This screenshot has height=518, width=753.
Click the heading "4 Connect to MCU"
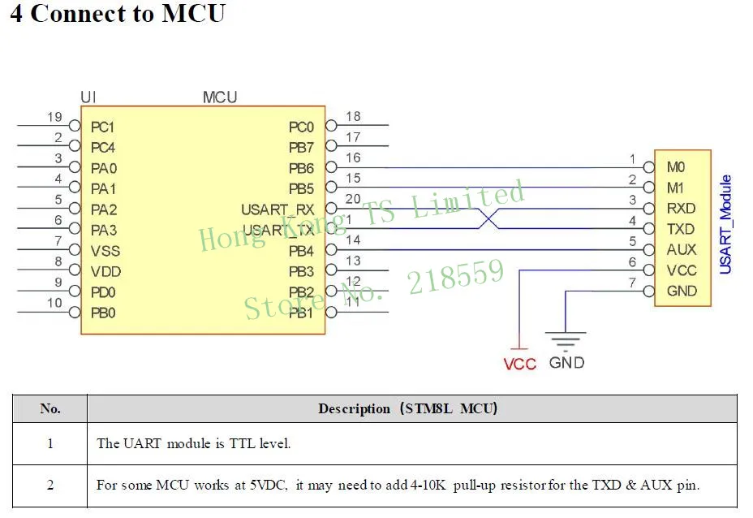pos(117,15)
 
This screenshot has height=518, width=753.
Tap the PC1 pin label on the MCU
pos(103,127)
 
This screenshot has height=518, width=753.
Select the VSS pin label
pos(105,251)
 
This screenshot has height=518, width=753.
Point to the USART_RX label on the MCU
pos(277,209)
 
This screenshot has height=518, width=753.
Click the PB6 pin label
pos(301,168)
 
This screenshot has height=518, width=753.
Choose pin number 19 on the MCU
pos(54,117)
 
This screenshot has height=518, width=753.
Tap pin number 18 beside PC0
pos(353,117)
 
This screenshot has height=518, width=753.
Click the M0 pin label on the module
pos(676,167)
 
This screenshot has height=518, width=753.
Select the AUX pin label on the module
pos(682,250)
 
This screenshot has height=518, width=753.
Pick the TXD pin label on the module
pos(681,230)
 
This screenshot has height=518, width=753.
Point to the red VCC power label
pos(519,364)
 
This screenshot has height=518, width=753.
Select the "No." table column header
pos(50,408)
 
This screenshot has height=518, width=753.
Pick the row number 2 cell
pos(50,485)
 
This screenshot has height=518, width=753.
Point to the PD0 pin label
pos(104,291)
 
